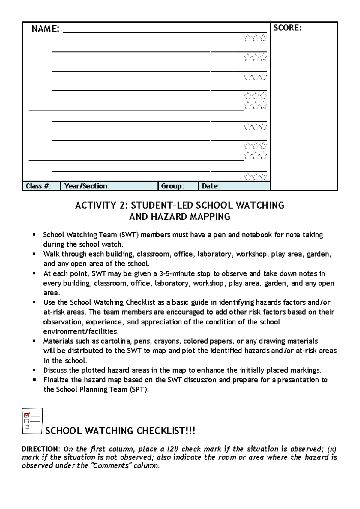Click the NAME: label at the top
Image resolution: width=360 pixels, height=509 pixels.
pyautogui.click(x=45, y=29)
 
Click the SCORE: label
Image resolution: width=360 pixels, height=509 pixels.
pyautogui.click(x=287, y=28)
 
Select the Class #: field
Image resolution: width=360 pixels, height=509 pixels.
pyautogui.click(x=38, y=186)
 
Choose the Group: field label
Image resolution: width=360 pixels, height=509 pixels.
pyautogui.click(x=172, y=186)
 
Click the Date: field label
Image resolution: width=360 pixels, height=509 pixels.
pyautogui.click(x=211, y=186)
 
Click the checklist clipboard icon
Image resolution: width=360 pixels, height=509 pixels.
pyautogui.click(x=32, y=421)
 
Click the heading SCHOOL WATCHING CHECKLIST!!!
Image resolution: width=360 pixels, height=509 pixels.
pyautogui.click(x=120, y=431)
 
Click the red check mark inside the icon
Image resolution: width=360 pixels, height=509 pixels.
pyautogui.click(x=27, y=415)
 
